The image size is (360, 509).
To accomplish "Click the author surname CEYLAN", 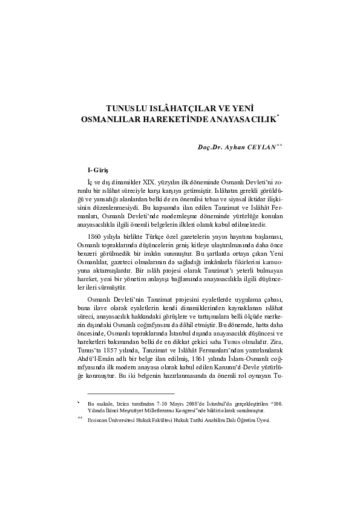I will coord(258,146).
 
